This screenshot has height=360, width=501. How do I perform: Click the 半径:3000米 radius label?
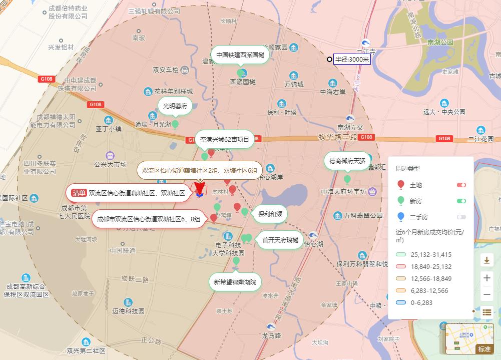pyautogui.click(x=352, y=60)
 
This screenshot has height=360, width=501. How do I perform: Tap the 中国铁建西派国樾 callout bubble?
pyautogui.click(x=240, y=55)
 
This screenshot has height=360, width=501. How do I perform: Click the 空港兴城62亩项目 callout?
pyautogui.click(x=225, y=140)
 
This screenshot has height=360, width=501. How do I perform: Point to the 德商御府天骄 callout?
pyautogui.click(x=347, y=161)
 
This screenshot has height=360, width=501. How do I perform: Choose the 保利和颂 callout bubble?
pyautogui.click(x=270, y=214)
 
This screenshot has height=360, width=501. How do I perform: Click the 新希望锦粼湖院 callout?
pyautogui.click(x=235, y=282)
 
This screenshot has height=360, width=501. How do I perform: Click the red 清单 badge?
pyautogui.click(x=79, y=193)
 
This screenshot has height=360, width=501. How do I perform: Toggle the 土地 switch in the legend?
pyautogui.click(x=461, y=185)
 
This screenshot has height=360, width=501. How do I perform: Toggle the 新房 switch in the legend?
pyautogui.click(x=461, y=201)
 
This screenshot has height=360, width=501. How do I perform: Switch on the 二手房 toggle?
pyautogui.click(x=461, y=217)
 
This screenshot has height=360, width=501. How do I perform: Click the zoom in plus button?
pyautogui.click(x=487, y=278)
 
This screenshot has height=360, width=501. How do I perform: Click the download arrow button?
pyautogui.click(x=487, y=260)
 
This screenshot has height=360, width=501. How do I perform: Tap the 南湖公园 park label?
pyautogui.click(x=440, y=43)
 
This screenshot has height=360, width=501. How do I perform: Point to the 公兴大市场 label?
pyautogui.click(x=110, y=164)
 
